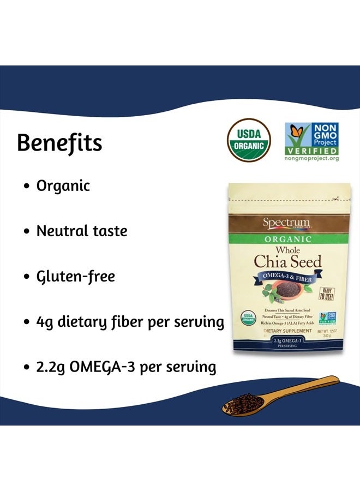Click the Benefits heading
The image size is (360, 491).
(x=59, y=143)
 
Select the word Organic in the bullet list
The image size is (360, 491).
(x=63, y=185)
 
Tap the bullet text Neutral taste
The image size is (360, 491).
(x=81, y=231)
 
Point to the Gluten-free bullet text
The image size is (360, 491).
(x=75, y=276)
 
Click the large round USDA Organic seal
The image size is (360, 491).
(x=249, y=142)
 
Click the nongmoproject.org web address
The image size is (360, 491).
(x=312, y=158)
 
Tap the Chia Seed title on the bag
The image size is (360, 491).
(x=287, y=261)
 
